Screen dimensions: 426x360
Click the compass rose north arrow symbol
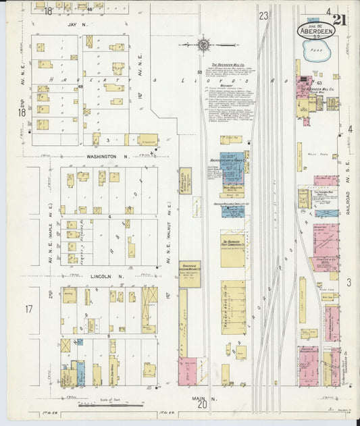pos(203,45)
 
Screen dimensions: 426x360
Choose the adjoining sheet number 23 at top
pos(263,15)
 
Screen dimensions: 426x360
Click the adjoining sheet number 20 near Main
pos(202,406)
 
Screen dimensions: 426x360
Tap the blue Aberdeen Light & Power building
pos(233,169)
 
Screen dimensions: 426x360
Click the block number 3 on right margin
pos(349,282)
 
